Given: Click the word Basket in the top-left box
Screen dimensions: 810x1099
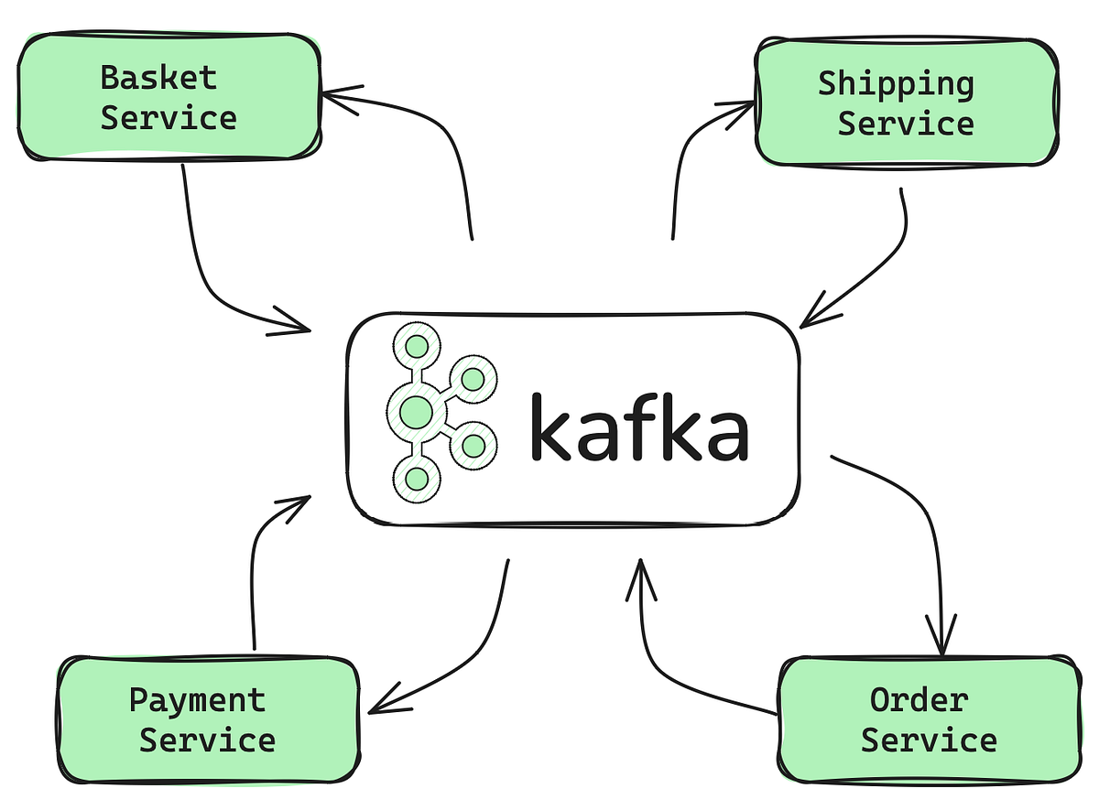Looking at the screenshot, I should pos(158,78).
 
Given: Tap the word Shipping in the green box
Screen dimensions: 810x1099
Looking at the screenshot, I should pos(896,84).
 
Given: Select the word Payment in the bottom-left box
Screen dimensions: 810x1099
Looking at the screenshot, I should pos(197,700).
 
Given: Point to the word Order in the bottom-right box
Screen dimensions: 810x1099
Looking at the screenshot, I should pos(919,700).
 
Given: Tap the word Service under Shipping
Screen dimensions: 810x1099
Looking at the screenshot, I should pos(905,124).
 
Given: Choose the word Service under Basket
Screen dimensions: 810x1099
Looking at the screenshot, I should pos(169,118).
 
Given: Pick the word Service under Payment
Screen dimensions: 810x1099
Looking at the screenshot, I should pos(207,740).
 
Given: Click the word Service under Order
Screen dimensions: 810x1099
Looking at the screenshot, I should pos(929,740).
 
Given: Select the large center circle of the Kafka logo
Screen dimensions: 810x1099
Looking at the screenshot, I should pos(416,412).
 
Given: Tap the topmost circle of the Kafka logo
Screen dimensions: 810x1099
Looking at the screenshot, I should pos(417,347).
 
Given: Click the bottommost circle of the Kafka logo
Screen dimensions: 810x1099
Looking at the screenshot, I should pos(417,478).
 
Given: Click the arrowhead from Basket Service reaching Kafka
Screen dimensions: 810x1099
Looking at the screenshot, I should pos(300,323).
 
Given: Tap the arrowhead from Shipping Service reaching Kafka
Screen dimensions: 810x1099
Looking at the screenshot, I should pos(810,317).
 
